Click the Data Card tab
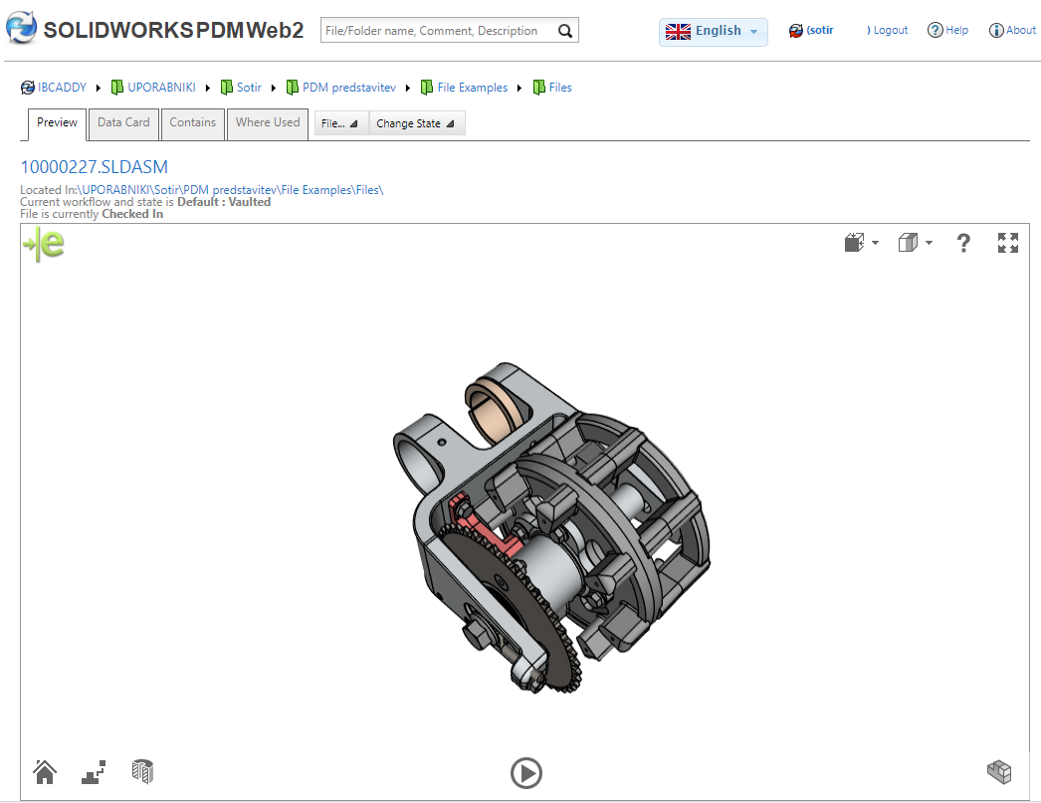(123, 123)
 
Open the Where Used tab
(267, 123)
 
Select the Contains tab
(192, 123)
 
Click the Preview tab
(57, 123)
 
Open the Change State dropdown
(415, 124)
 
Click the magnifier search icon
(565, 31)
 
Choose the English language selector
(713, 31)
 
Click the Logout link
(890, 31)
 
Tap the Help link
(948, 31)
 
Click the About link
(1013, 31)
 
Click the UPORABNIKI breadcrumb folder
(160, 88)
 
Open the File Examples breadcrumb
(472, 88)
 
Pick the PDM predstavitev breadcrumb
(348, 88)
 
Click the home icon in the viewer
(44, 771)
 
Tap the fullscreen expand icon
(1008, 243)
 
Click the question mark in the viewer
(962, 243)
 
